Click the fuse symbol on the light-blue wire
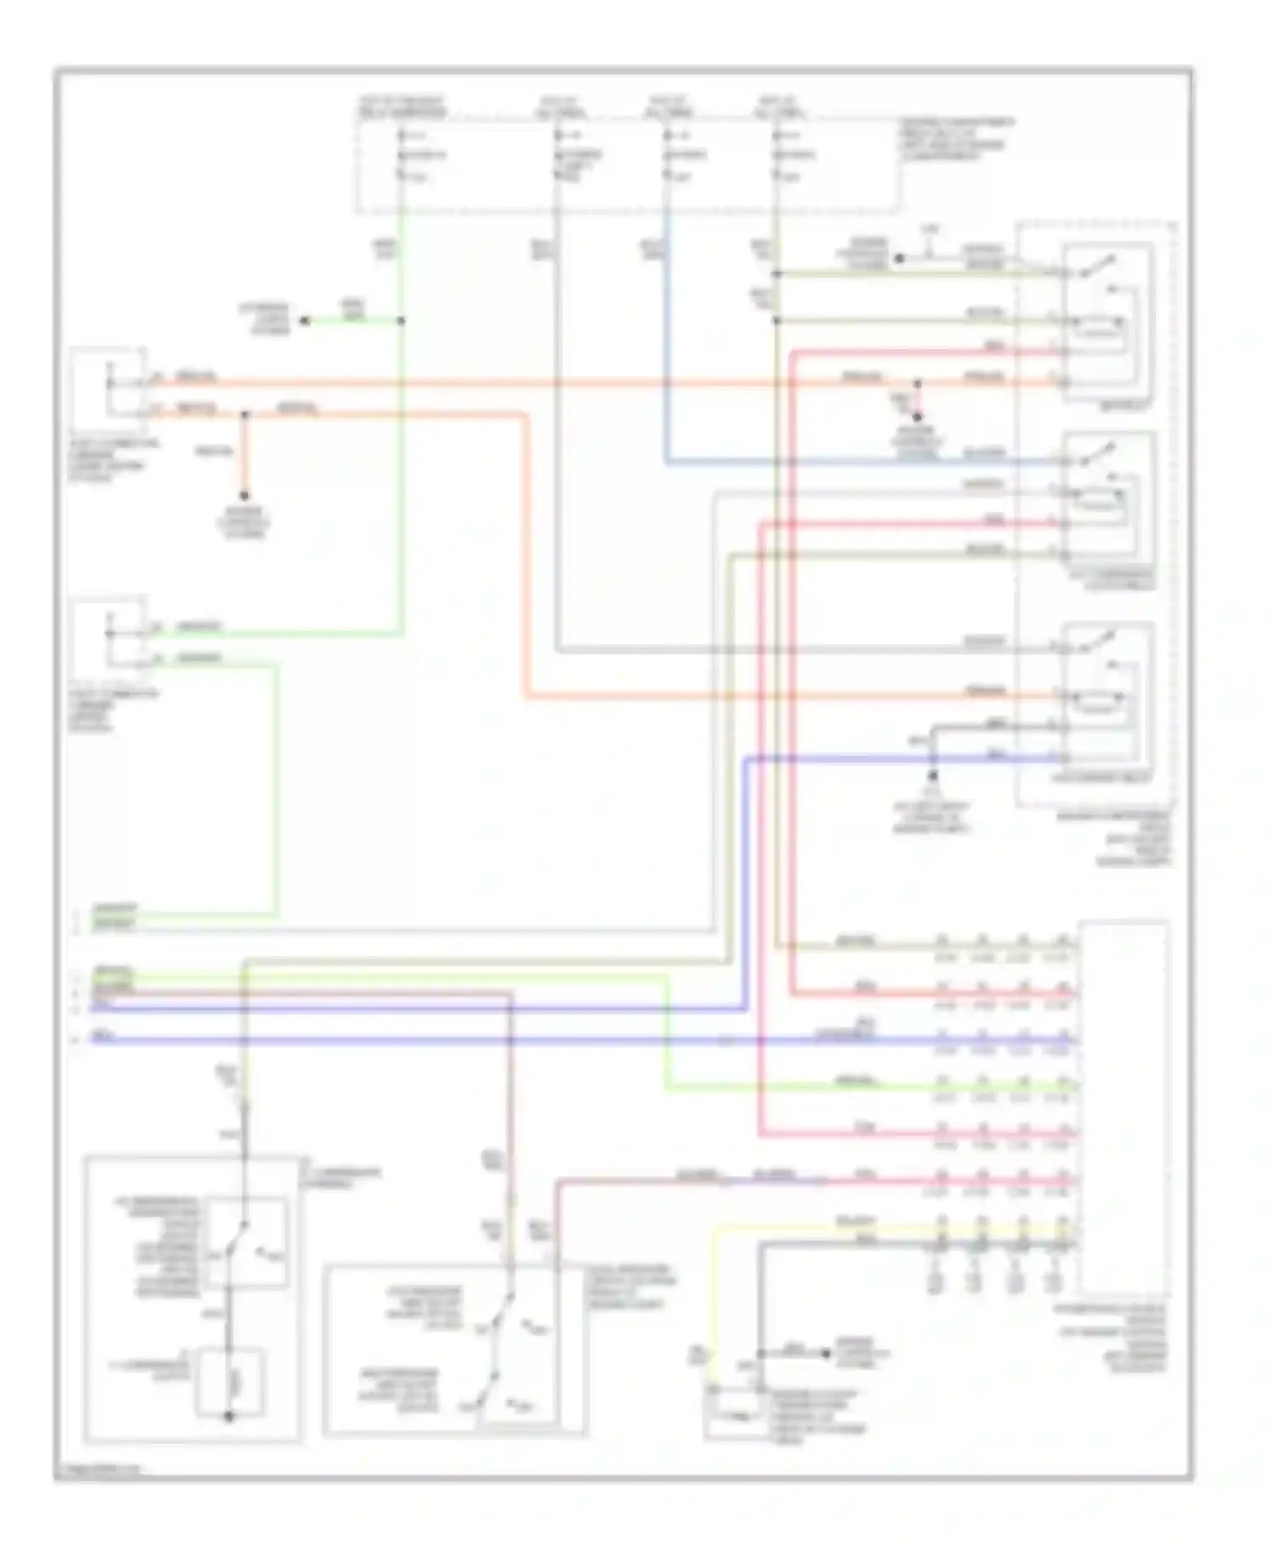(667, 156)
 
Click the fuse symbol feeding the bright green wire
(401, 156)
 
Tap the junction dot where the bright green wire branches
(401, 321)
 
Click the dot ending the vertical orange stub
(244, 497)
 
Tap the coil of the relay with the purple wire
(1099, 699)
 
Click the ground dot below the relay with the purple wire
(932, 776)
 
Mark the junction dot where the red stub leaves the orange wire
(917, 384)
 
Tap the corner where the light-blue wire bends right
(667, 463)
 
